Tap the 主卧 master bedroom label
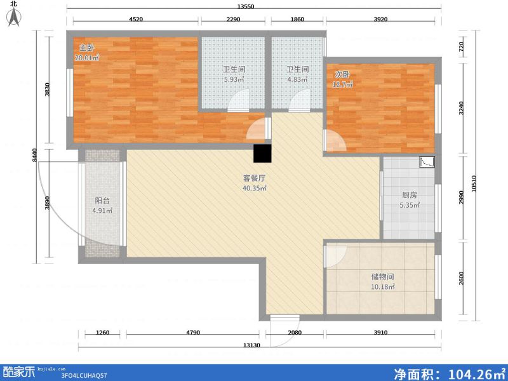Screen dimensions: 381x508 tap(86, 48)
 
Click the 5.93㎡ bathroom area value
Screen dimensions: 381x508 tap(233, 80)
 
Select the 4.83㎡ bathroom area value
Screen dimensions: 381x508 tap(297, 80)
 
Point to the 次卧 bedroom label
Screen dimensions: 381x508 tap(342, 74)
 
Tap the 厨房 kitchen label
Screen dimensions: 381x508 tap(409, 196)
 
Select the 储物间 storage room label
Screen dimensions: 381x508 tap(383, 277)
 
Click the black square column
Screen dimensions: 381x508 tap(262, 154)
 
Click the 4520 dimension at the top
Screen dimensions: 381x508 tap(135, 19)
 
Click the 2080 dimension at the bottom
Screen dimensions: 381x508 tap(295, 333)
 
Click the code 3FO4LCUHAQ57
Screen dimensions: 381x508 tap(83, 375)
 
